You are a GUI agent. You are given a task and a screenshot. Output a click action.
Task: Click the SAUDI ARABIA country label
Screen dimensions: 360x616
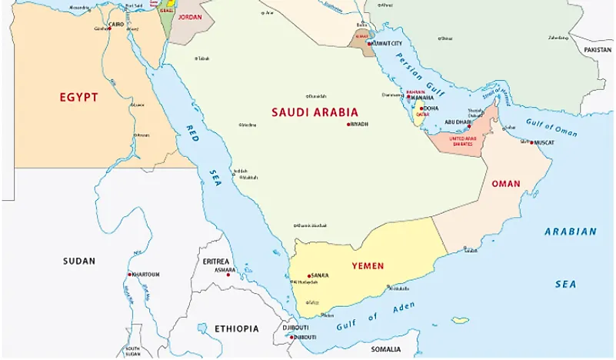[x=315, y=112]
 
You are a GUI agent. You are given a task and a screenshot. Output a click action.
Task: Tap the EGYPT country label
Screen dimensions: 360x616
[x=78, y=97]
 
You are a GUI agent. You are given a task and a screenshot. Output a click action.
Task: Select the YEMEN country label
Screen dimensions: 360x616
[x=368, y=266]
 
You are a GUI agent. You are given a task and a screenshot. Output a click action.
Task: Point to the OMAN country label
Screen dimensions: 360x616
[x=505, y=184]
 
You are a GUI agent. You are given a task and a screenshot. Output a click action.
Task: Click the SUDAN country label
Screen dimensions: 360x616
[x=79, y=261]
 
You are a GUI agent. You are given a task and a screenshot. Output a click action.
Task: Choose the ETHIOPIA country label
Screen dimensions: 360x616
[x=236, y=328]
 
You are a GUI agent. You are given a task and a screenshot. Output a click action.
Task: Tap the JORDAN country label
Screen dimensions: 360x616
[x=190, y=16]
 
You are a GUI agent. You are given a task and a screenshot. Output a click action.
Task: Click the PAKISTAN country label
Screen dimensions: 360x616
[x=597, y=49]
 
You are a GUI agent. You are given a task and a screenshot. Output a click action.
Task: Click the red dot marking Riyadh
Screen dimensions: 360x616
[x=348, y=124]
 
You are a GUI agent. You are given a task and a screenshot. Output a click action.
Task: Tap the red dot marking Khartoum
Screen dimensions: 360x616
[x=129, y=275]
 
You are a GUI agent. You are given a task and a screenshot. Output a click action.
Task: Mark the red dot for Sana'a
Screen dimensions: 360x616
[x=308, y=275]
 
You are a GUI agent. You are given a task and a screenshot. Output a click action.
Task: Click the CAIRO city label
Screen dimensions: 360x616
[x=116, y=24]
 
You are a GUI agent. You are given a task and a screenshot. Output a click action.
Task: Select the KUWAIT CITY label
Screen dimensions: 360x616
[x=387, y=44]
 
